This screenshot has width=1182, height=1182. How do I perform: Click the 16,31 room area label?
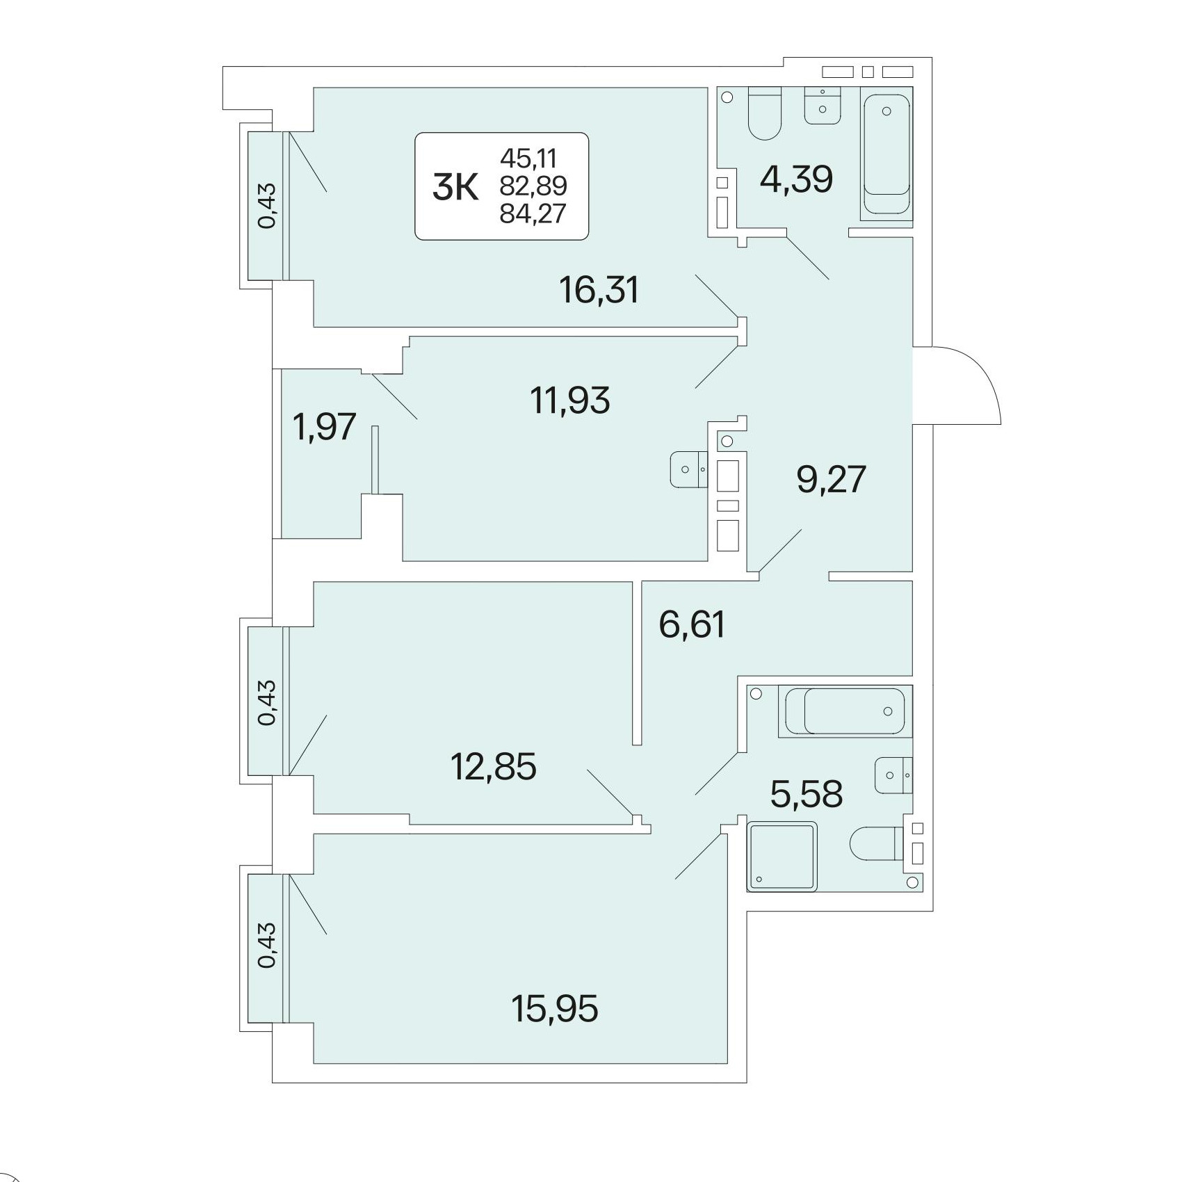(x=599, y=289)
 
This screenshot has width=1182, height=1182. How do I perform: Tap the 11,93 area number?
(x=570, y=400)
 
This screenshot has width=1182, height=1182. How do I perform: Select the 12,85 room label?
(x=494, y=767)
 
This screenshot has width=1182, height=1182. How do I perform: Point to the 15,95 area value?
(x=555, y=1008)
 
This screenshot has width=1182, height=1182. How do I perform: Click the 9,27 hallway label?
(x=832, y=479)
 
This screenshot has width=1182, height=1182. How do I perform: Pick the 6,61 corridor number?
(x=693, y=623)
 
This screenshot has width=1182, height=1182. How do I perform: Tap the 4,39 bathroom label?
(x=796, y=179)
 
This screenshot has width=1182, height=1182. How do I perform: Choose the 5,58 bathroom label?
(x=807, y=793)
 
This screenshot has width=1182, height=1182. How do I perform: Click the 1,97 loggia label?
(x=325, y=426)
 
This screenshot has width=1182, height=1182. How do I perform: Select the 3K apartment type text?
(x=455, y=188)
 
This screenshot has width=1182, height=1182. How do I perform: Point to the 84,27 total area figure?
(x=533, y=213)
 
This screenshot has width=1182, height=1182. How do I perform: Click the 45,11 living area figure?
(x=528, y=159)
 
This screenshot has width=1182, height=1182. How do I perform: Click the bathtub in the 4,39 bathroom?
(x=886, y=154)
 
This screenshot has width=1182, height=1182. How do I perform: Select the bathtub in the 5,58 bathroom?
(x=845, y=711)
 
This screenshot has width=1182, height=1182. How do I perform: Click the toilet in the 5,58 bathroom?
(x=876, y=843)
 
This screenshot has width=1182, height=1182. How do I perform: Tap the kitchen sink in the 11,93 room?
(x=688, y=469)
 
